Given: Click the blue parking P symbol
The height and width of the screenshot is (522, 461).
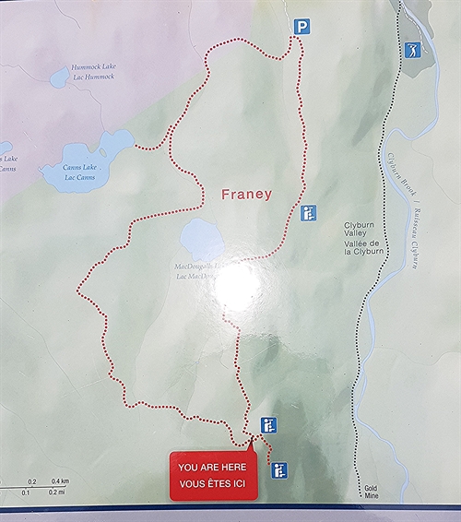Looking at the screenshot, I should point(301,28).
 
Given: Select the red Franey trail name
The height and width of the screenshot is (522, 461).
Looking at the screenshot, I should point(246,195).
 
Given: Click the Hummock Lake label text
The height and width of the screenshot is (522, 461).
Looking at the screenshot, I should point(93,68).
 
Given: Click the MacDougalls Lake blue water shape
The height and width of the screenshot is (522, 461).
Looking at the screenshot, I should point(201,240).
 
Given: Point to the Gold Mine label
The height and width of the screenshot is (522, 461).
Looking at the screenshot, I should point(371,491).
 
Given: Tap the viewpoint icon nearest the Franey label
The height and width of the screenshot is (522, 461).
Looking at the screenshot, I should point(308,213).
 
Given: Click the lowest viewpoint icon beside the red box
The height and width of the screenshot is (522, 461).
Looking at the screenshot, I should point(280,470).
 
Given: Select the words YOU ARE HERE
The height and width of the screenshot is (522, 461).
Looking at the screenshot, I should point(212,468).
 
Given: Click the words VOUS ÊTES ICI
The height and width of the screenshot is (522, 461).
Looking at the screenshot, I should point(212,483).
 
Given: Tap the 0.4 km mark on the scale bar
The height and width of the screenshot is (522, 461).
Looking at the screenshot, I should point(60,481).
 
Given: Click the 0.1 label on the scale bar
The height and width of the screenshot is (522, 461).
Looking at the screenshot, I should point(27,492).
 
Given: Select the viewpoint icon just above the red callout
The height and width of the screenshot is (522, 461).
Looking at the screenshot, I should point(268,425).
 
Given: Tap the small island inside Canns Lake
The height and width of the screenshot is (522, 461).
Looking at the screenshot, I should point(104,153).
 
